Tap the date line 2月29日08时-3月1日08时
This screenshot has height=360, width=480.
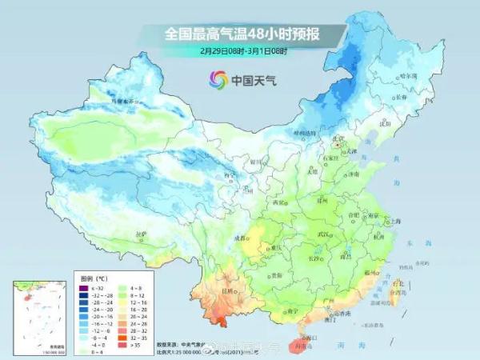[x=243, y=50]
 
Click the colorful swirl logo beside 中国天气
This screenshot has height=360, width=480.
[x=218, y=79]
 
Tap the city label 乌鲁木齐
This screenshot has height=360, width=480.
[x=125, y=102]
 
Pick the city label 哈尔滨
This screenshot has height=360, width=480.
[x=408, y=75]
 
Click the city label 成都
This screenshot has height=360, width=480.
[x=239, y=238]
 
